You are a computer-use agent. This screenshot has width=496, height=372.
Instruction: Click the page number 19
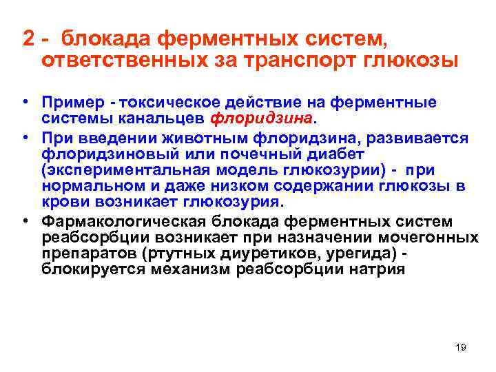click(x=461, y=347)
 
